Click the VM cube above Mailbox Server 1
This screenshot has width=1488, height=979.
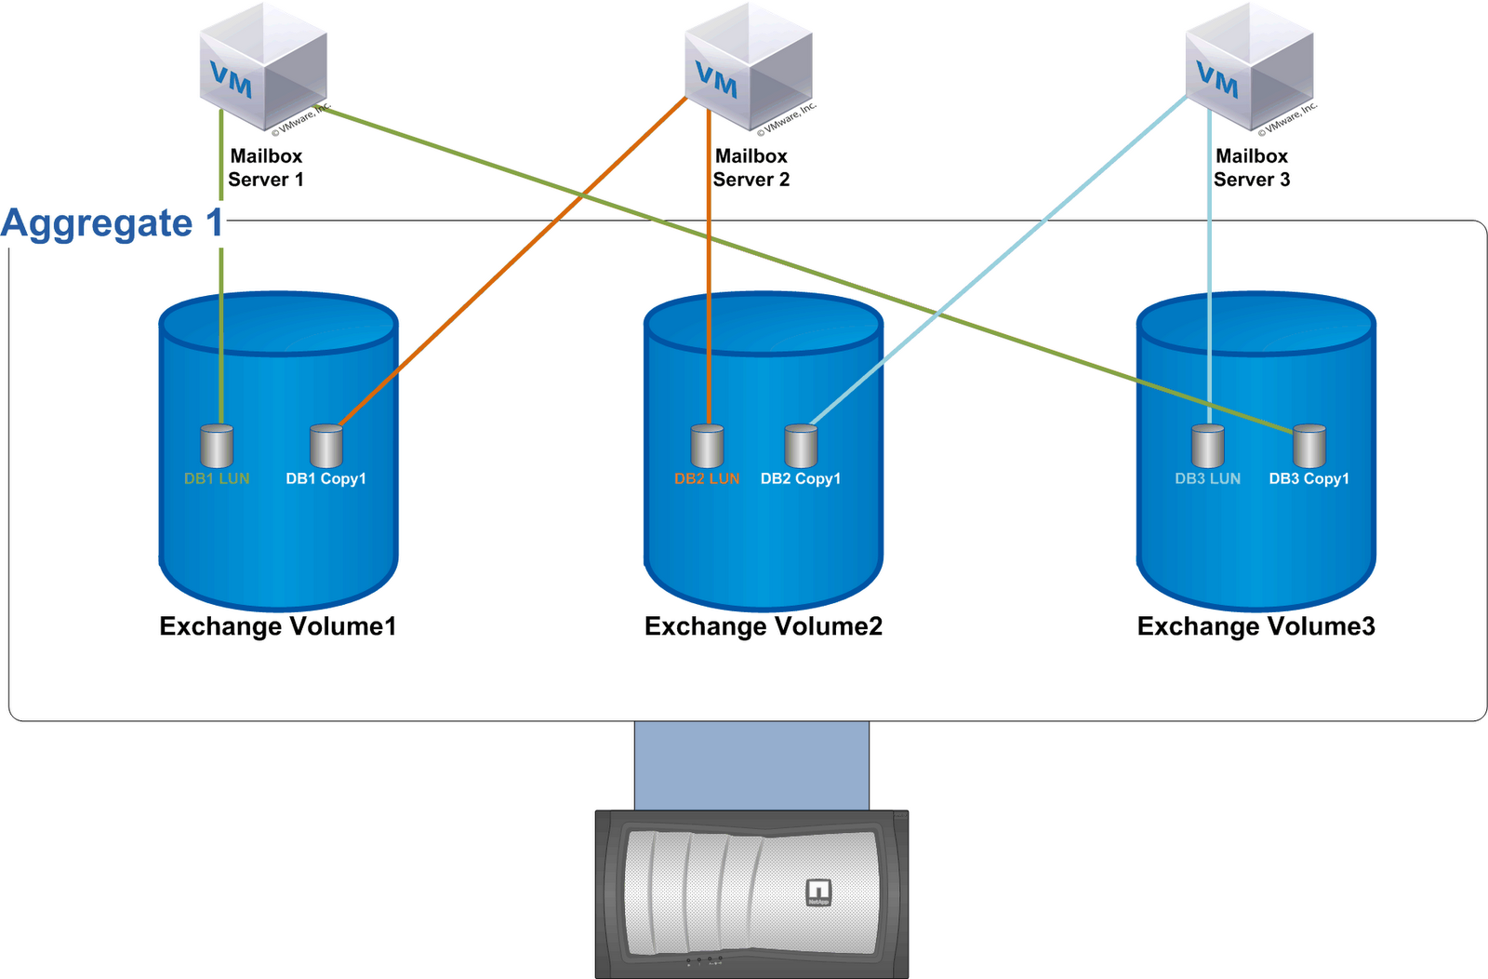click(x=263, y=67)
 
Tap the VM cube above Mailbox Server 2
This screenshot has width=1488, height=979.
click(x=749, y=67)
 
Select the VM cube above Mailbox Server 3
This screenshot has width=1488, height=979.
click(x=1249, y=67)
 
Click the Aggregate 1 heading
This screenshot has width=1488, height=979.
click(x=113, y=223)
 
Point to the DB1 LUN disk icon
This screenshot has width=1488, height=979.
click(x=217, y=447)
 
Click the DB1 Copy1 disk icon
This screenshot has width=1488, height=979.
click(x=326, y=447)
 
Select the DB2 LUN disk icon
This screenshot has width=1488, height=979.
click(x=708, y=447)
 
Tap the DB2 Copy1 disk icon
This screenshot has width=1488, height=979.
click(x=801, y=447)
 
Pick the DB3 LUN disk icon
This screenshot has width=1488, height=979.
click(x=1208, y=447)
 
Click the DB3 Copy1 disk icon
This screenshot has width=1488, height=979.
click(x=1309, y=447)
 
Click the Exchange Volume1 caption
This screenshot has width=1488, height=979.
click(x=278, y=626)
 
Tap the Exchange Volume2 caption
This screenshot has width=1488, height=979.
click(x=764, y=626)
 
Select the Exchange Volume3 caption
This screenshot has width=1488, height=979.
click(x=1255, y=626)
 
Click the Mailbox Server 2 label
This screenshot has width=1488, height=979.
click(x=751, y=168)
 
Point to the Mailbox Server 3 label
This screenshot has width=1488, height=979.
click(x=1252, y=168)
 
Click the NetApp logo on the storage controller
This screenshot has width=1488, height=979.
click(x=818, y=892)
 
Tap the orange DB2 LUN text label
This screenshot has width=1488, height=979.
click(x=707, y=479)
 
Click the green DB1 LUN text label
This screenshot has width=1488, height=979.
click(x=217, y=479)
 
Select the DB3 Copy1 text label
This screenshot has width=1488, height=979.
click(x=1309, y=479)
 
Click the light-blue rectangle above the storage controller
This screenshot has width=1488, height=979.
click(x=751, y=765)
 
